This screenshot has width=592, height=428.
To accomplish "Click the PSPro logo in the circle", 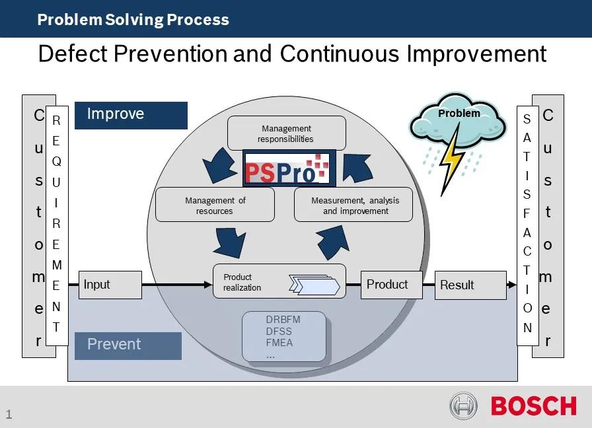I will (289, 168).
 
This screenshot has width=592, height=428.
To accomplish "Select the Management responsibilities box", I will (286, 133).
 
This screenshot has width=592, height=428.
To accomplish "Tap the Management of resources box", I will (215, 205).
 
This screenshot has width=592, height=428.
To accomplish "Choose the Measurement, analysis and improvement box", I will (353, 205).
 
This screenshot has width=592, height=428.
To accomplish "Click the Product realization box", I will (279, 281).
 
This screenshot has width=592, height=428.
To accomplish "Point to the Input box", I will (110, 285).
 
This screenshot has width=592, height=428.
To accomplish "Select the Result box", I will (470, 285).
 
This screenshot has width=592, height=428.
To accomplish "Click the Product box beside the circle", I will (391, 285).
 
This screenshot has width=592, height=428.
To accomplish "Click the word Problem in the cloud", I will (459, 113).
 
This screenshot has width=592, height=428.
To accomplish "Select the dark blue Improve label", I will (131, 115).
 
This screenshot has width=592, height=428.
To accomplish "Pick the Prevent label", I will (128, 345).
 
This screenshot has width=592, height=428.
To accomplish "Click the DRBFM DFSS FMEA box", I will (284, 337).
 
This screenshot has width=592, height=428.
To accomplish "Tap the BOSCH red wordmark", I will (533, 406).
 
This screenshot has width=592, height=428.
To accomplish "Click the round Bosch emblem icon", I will (464, 406).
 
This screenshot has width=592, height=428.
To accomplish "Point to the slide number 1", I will (9, 414).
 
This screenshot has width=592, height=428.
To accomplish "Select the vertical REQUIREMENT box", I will (56, 225).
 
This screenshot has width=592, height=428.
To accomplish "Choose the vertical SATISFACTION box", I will (527, 225).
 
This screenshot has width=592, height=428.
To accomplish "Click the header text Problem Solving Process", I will (133, 19).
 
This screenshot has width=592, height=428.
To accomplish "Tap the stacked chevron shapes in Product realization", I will (314, 285).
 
